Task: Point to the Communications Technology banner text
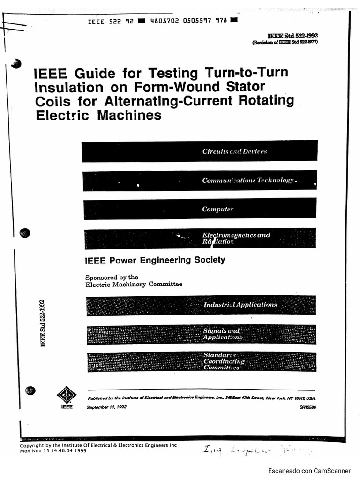tap(248, 180)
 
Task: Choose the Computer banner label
tap(217, 209)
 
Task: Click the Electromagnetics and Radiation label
tap(236, 238)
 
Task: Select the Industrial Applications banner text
tap(240, 305)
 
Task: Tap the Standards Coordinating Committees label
tap(224, 361)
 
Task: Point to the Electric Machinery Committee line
tap(134, 284)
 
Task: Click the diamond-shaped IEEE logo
tap(67, 395)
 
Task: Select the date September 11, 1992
tap(106, 407)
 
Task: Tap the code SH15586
tap(307, 407)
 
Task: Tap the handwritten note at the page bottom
tap(255, 451)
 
